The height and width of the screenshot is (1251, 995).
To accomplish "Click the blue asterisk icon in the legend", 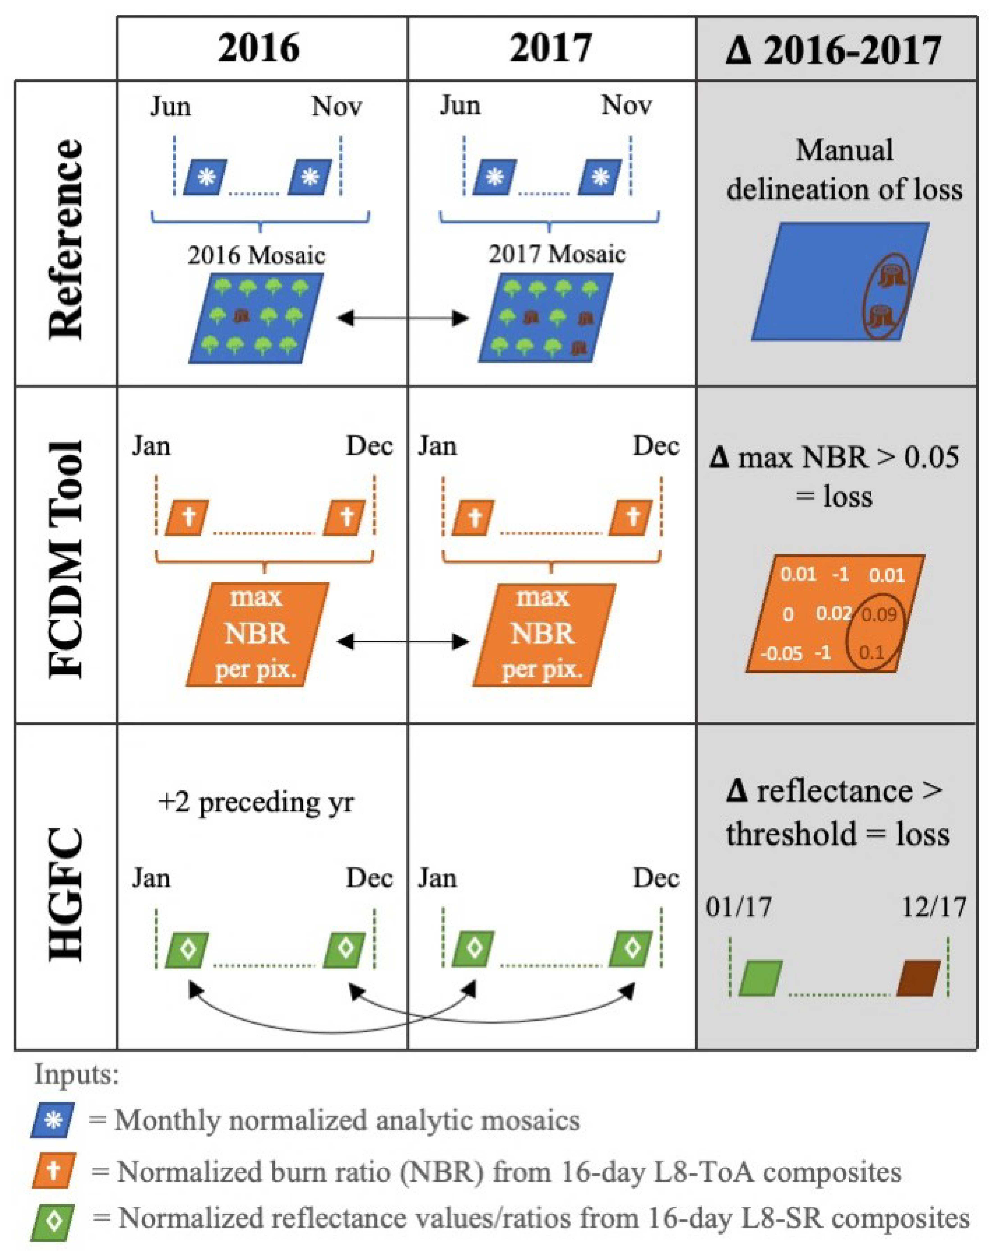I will pyautogui.click(x=53, y=1120).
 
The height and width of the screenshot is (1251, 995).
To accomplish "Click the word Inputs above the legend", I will pyautogui.click(x=76, y=1074).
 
